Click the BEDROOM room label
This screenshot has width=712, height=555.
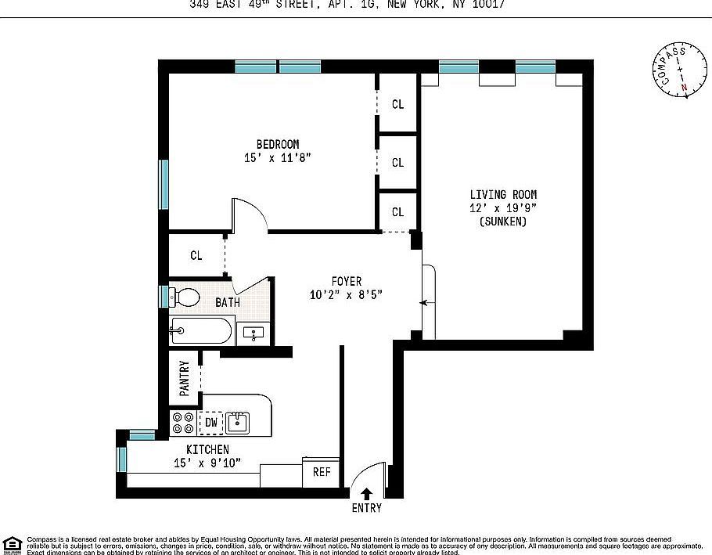pyautogui.click(x=278, y=144)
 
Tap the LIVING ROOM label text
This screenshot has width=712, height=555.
pyautogui.click(x=503, y=194)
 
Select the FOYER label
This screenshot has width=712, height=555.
pyautogui.click(x=347, y=281)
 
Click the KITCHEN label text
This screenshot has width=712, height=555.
pyautogui.click(x=207, y=449)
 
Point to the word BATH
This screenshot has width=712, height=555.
pyautogui.click(x=228, y=302)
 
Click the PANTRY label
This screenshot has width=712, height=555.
pyautogui.click(x=185, y=379)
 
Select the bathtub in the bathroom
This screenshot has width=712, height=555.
pyautogui.click(x=202, y=331)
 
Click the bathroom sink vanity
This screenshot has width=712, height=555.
pyautogui.click(x=254, y=333)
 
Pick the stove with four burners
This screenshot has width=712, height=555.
pyautogui.click(x=183, y=423)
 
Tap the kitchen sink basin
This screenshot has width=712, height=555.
pyautogui.click(x=237, y=423)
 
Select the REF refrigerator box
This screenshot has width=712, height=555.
pyautogui.click(x=322, y=472)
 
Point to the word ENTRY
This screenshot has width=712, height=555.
pyautogui.click(x=366, y=508)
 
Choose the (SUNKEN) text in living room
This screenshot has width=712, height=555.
pyautogui.click(x=503, y=222)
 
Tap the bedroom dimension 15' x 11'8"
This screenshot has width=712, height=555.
pyautogui.click(x=278, y=158)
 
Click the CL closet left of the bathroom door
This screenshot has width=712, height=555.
pyautogui.click(x=196, y=255)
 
